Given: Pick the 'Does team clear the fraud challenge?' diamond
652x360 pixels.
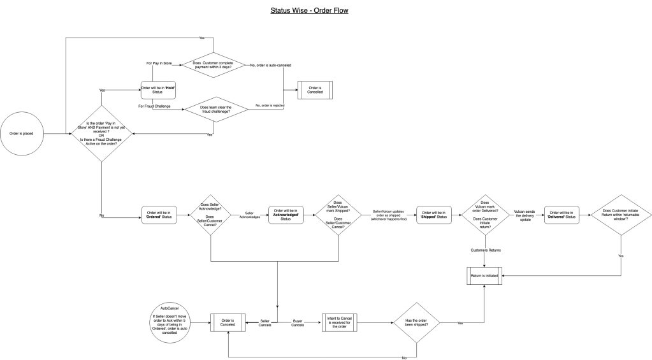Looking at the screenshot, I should (x=215, y=110).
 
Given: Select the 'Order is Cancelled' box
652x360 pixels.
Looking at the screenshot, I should (x=315, y=90).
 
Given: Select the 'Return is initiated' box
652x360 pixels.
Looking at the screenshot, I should (x=484, y=276).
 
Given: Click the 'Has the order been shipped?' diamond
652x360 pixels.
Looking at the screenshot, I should (x=417, y=323).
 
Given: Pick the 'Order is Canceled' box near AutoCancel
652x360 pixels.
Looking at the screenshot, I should (x=228, y=323).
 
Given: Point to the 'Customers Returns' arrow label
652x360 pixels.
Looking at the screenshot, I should (x=485, y=250).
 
